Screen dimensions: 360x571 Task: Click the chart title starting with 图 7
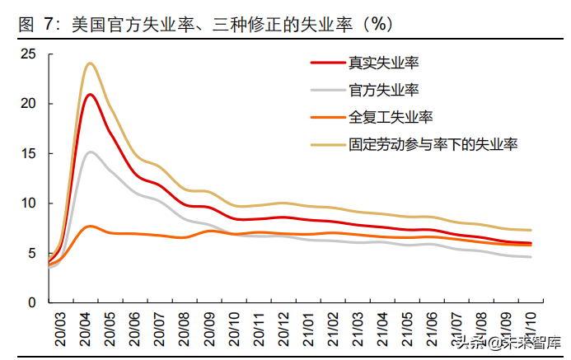pos(205,26)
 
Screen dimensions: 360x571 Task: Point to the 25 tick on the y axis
pos(30,54)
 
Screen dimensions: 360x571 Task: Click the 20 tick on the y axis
pos(30,103)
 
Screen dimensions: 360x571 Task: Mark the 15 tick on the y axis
pos(30,153)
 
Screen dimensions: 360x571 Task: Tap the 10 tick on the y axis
pos(30,203)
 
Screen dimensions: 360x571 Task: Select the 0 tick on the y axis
pos(34,302)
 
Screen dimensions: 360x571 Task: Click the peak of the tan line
pos(90,63)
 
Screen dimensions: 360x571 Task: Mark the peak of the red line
pos(90,94)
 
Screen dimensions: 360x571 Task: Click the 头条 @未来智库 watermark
pos(504,341)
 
